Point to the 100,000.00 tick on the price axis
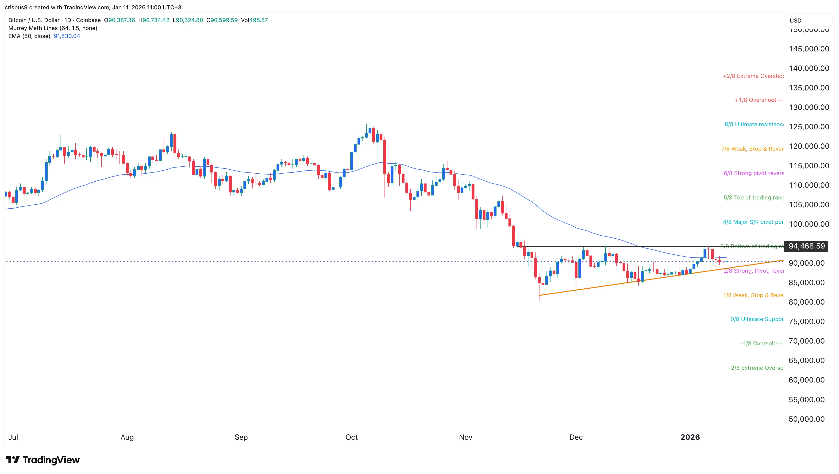click(x=809, y=224)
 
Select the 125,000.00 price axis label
click(x=809, y=127)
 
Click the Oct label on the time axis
click(x=351, y=437)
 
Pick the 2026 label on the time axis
click(x=690, y=437)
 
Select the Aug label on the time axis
click(x=127, y=437)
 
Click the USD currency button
click(x=795, y=20)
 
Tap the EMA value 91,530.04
click(x=67, y=36)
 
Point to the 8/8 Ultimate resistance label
click(x=754, y=124)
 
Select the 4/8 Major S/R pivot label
click(x=753, y=222)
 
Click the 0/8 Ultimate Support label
click(x=757, y=319)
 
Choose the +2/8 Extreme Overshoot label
click(x=753, y=76)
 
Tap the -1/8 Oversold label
click(x=761, y=344)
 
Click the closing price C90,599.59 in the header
click(x=222, y=20)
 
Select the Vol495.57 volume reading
click(x=254, y=20)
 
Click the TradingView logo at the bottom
click(x=43, y=460)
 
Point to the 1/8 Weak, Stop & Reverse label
click(x=753, y=295)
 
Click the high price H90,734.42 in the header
click(x=154, y=20)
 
